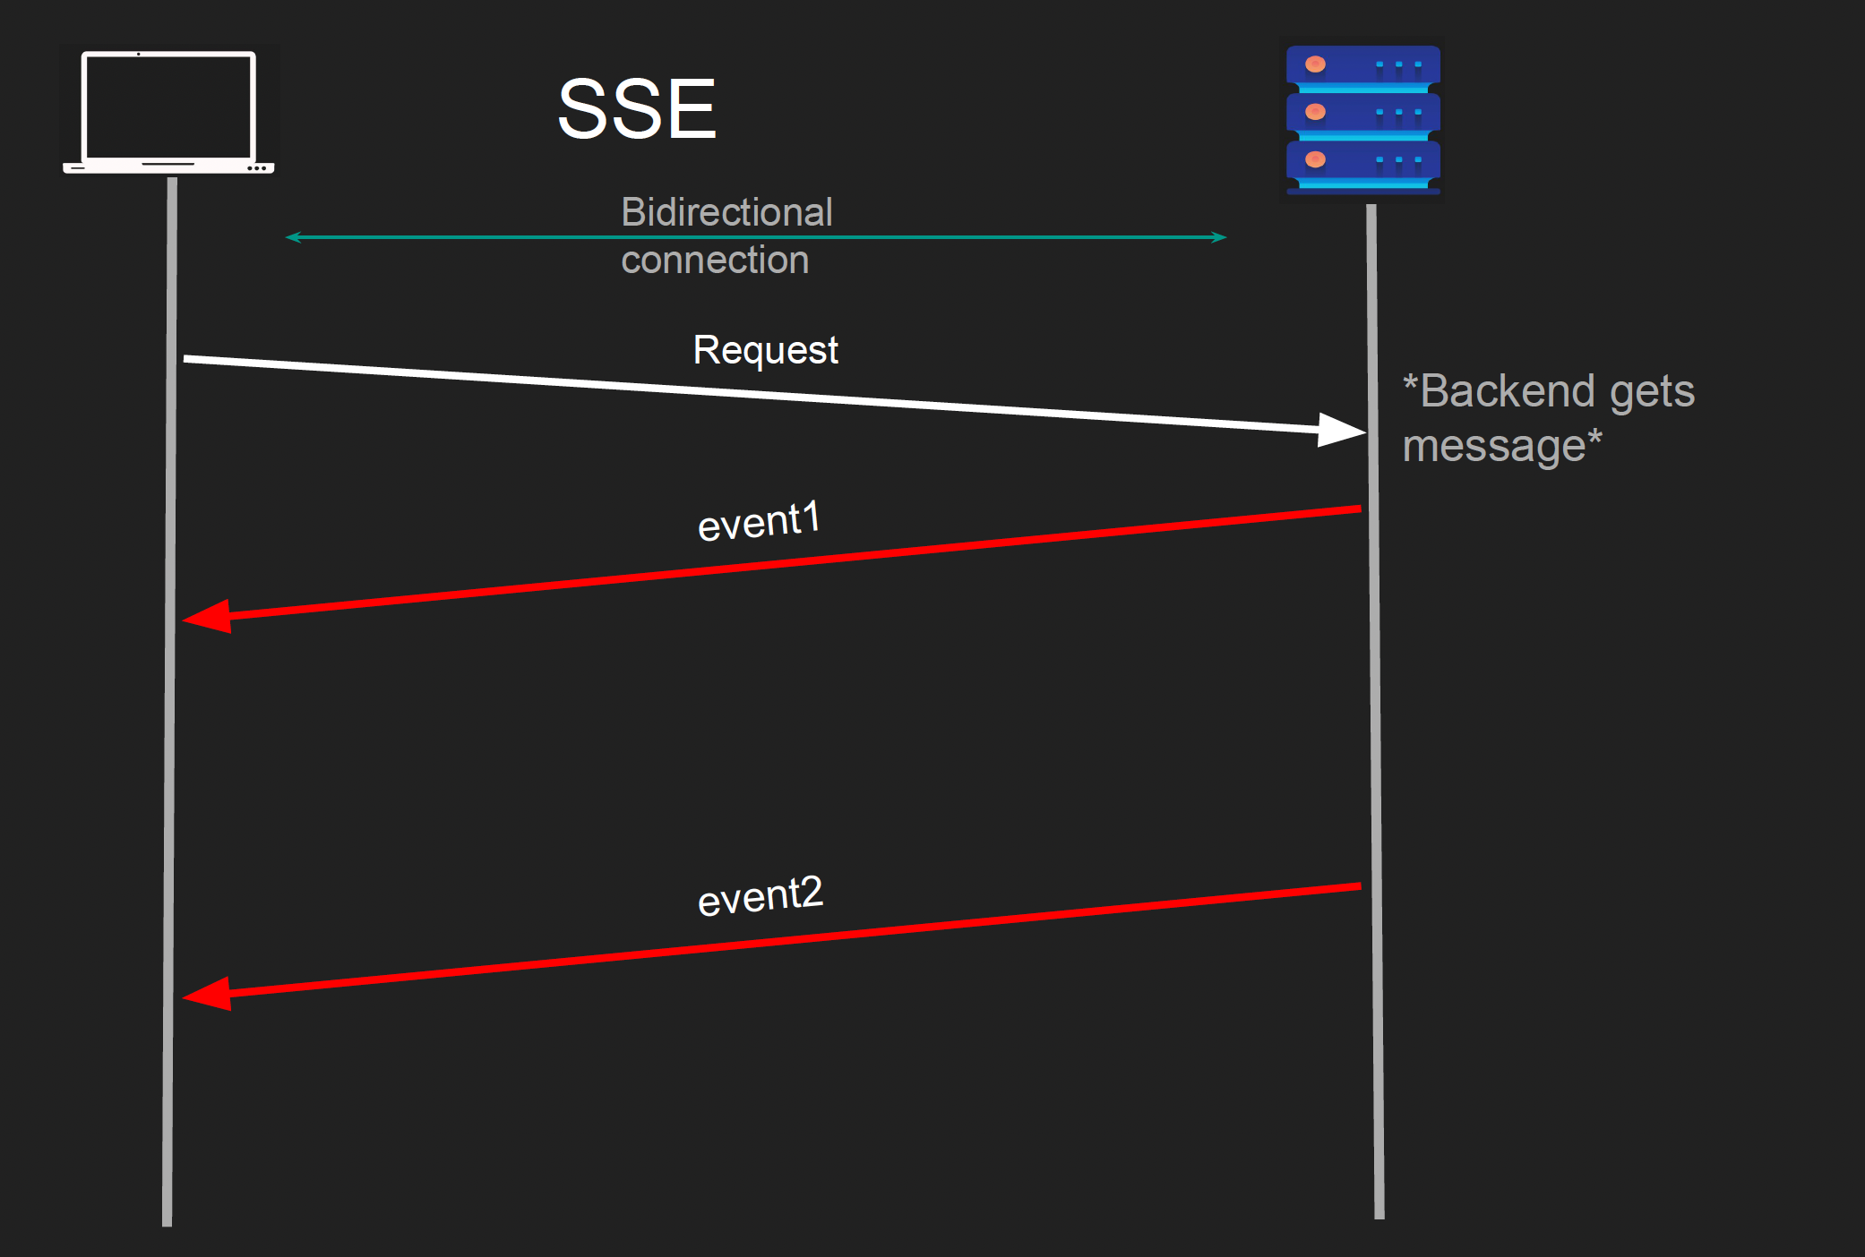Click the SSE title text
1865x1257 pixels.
[637, 109]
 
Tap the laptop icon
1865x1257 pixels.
[168, 112]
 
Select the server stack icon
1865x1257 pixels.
[1362, 120]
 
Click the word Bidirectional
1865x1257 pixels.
[726, 212]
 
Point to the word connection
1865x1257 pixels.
[715, 261]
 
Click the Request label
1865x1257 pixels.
[765, 350]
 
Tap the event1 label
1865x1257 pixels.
[759, 522]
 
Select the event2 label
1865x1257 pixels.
[760, 896]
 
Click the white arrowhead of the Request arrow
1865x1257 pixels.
[1341, 431]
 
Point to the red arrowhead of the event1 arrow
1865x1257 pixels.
[208, 617]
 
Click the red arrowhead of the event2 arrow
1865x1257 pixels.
[208, 994]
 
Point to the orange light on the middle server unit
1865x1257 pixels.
[1315, 112]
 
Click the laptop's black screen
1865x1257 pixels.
[168, 106]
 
